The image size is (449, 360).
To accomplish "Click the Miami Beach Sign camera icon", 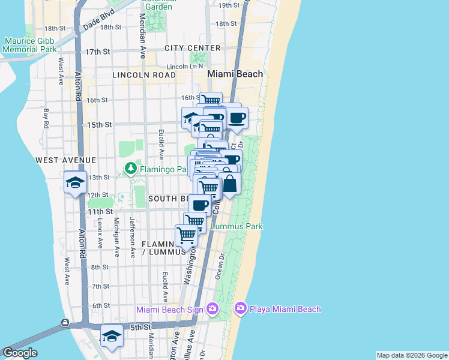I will click(x=211, y=309).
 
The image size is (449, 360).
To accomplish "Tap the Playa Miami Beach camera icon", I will click(x=241, y=308).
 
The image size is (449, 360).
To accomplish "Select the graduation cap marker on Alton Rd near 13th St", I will click(x=75, y=182).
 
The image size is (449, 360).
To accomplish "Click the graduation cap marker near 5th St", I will click(x=112, y=337).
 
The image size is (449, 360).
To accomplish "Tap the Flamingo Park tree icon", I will click(x=131, y=169).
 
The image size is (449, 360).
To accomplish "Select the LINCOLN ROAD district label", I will click(x=144, y=75).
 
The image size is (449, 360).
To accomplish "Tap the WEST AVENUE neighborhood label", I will click(x=65, y=160).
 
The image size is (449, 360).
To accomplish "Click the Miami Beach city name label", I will click(x=235, y=74).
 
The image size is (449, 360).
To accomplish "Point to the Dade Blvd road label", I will click(x=99, y=23).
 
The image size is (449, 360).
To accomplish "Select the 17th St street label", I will click(x=97, y=52).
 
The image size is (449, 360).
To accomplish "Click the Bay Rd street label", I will click(x=46, y=118).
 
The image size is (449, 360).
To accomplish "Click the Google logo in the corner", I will click(x=19, y=353).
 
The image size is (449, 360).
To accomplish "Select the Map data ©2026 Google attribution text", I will click(x=412, y=355).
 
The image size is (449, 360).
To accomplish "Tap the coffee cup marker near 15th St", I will click(x=236, y=118).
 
